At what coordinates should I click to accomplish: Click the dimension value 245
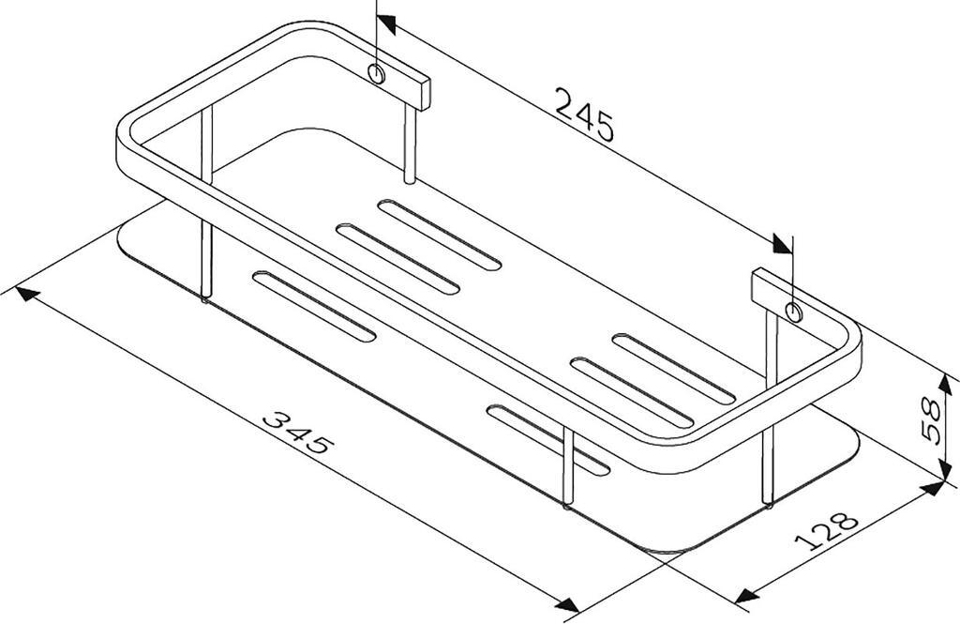[584, 115]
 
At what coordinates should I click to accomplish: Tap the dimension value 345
[298, 433]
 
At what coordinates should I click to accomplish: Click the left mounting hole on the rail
[377, 73]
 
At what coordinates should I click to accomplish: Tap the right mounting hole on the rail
[794, 312]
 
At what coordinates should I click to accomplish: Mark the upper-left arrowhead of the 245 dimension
[386, 24]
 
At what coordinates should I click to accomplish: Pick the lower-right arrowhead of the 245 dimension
[783, 244]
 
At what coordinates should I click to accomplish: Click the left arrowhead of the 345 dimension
[26, 294]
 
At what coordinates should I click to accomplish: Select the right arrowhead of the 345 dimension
[567, 604]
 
